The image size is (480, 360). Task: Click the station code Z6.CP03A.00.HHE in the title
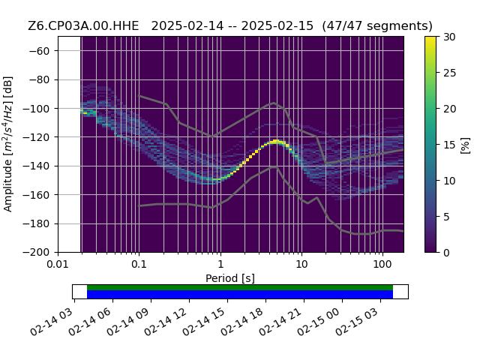point(83,26)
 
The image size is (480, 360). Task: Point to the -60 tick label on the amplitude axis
point(39,51)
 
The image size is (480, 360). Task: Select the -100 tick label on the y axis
point(36,109)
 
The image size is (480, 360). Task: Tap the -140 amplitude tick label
point(36,166)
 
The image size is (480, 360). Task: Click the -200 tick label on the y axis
point(36,253)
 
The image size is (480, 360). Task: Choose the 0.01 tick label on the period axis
point(58,264)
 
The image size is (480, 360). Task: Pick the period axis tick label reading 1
point(220,264)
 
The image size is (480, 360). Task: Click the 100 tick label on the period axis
point(382,264)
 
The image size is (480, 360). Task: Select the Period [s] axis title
point(230,278)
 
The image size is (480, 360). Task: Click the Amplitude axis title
point(8,144)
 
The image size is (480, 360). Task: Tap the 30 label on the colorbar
point(450,37)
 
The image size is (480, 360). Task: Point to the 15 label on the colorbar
point(450,145)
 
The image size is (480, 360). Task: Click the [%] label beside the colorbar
point(466,145)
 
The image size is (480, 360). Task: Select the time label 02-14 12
point(166,322)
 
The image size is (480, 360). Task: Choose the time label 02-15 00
point(319,322)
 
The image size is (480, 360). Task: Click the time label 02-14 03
point(52,322)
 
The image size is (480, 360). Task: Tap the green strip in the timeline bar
point(240,287)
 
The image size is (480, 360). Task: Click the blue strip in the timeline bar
point(240,294)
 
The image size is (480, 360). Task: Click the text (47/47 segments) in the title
point(377,26)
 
